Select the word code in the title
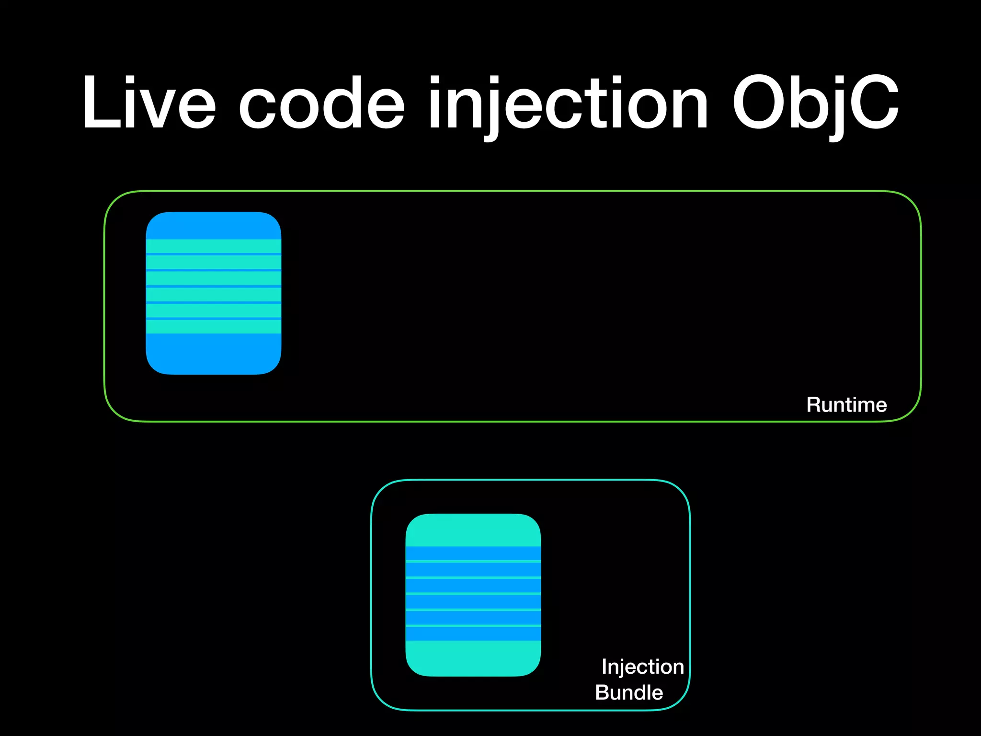[322, 103]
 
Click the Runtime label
[846, 405]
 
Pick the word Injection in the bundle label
[642, 667]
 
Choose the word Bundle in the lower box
[629, 692]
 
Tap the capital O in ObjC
[759, 103]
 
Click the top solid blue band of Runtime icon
[214, 226]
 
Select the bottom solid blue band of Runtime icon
[214, 354]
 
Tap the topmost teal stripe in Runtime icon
[214, 246]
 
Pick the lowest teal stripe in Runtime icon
[214, 326]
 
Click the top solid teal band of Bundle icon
[473, 530]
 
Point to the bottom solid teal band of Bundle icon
[473, 658]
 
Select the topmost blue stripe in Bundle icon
[473, 553]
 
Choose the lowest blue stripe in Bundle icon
[473, 633]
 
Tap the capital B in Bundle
[602, 692]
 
